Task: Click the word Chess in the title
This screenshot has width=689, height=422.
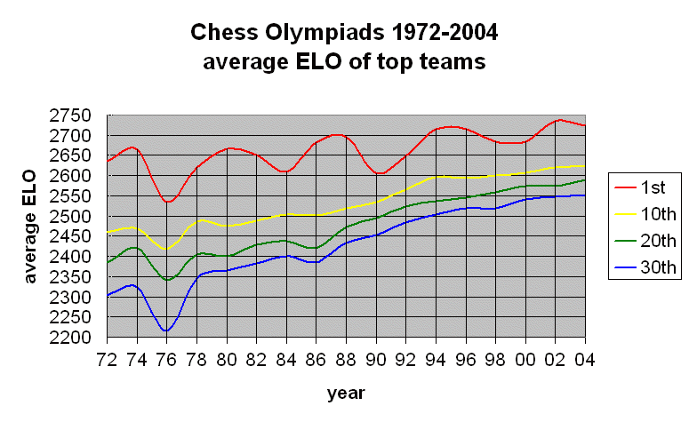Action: click(220, 34)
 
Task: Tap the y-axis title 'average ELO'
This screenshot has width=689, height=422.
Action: click(30, 227)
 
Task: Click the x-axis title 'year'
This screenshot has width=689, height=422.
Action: click(345, 392)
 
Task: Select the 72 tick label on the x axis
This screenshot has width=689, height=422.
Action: click(107, 359)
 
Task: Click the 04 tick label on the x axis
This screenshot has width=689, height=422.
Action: click(585, 359)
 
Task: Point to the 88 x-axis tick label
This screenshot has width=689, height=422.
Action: click(346, 359)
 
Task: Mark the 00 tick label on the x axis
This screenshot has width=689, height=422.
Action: click(525, 359)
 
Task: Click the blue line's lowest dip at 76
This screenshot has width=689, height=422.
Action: click(166, 330)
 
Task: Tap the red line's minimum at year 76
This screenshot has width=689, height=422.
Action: click(167, 202)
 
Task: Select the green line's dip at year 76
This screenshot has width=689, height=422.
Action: click(166, 280)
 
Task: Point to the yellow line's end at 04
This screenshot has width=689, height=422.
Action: click(584, 166)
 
